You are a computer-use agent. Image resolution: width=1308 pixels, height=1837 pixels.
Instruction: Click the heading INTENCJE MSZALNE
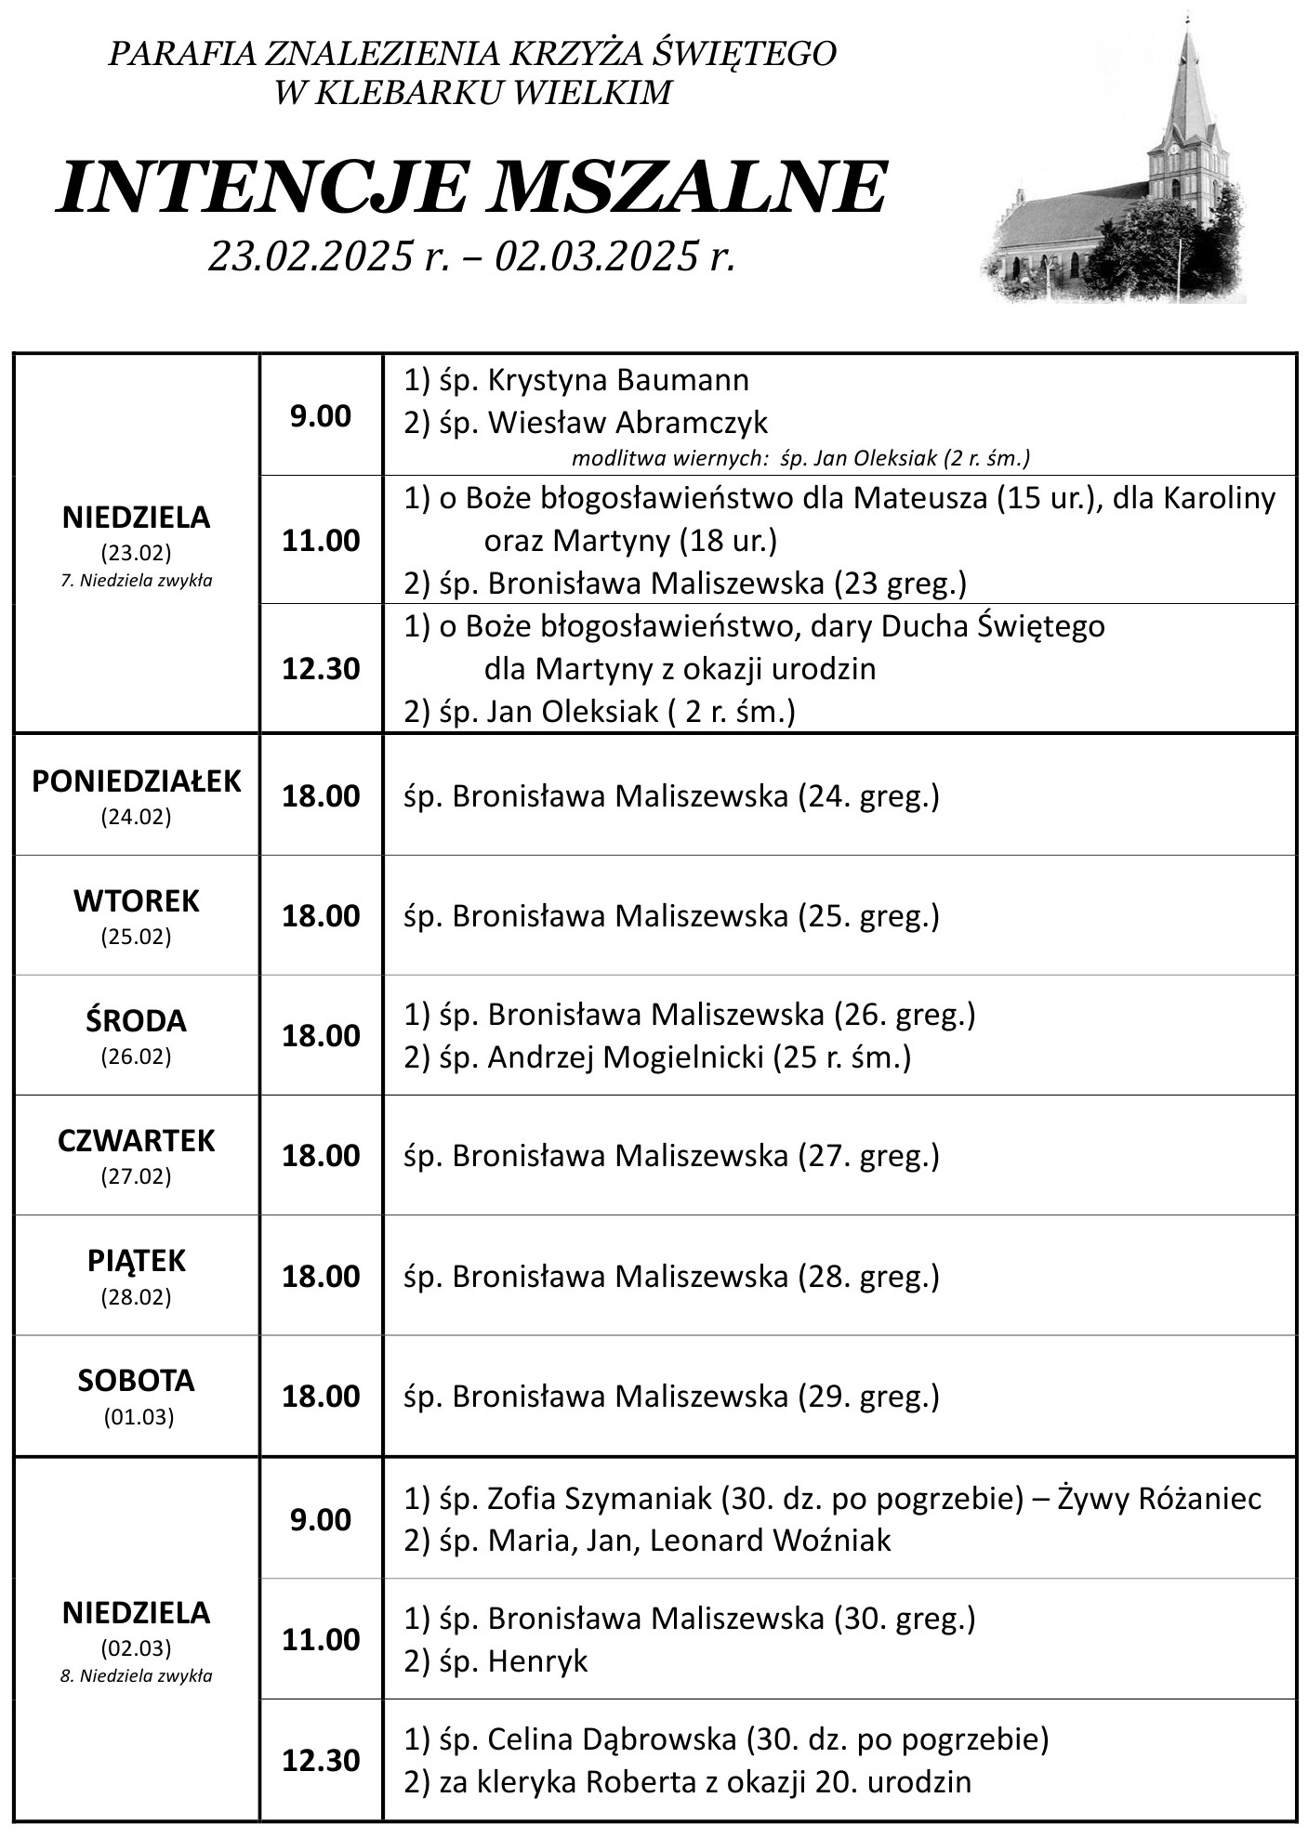tap(472, 190)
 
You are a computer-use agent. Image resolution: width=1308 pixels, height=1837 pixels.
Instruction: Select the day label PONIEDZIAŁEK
tap(137, 781)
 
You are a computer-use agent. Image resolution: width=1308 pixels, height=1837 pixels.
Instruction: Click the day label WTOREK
tap(137, 900)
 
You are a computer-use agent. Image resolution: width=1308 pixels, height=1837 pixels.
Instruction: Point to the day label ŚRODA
tap(137, 1021)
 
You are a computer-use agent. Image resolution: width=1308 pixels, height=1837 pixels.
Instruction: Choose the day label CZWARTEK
tap(137, 1140)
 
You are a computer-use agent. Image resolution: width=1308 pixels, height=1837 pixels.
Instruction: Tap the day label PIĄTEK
tap(137, 1261)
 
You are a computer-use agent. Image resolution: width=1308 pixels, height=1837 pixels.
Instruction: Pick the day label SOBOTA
tap(137, 1381)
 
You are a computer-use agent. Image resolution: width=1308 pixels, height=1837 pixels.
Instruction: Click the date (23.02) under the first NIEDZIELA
tap(137, 554)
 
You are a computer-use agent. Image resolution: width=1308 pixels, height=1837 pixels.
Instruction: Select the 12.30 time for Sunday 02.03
tap(321, 1761)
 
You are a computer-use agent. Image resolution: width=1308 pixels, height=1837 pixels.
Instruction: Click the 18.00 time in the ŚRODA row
tap(321, 1036)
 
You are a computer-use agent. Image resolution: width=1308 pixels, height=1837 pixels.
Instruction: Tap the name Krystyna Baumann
tap(618, 380)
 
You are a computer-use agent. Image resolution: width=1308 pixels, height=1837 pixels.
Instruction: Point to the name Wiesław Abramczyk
tap(628, 423)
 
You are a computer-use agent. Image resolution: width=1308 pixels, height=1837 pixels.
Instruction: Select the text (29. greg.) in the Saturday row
tap(868, 1397)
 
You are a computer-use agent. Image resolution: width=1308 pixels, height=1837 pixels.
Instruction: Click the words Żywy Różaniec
tap(1161, 1499)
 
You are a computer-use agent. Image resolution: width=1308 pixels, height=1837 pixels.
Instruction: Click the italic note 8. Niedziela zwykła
tap(137, 1676)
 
